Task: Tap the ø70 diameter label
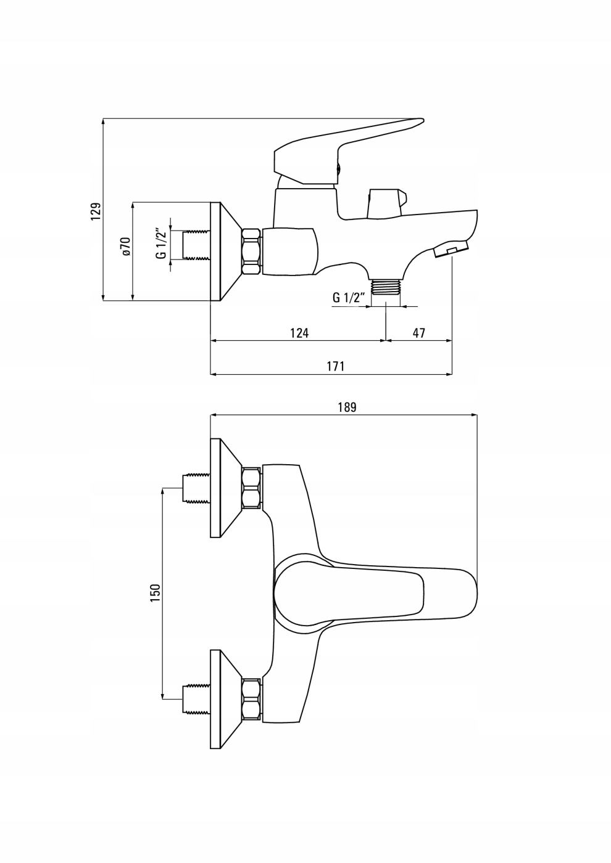125,246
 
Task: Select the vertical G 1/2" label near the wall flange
160,244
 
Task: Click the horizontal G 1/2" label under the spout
349,297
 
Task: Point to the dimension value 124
299,333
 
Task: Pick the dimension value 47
419,333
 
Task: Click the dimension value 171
335,366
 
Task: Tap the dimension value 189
347,407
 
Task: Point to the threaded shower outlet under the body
386,286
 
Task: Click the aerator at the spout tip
451,250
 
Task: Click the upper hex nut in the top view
252,488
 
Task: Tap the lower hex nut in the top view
252,699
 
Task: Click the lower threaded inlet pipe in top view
197,698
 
